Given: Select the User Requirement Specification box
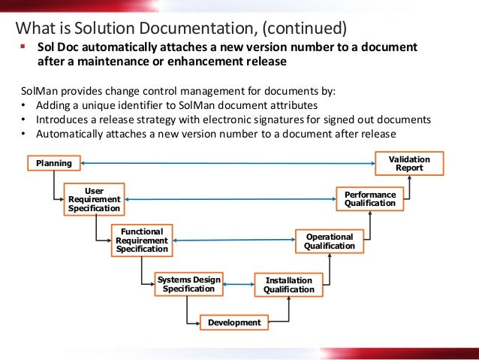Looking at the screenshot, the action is (x=94, y=199).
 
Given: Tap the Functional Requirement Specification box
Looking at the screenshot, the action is (x=140, y=240).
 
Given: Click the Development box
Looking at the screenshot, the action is (x=233, y=322).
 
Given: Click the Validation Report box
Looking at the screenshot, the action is (x=409, y=163).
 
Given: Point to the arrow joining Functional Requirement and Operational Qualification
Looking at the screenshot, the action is (x=233, y=241).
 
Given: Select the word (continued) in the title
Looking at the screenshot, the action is (x=300, y=29).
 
